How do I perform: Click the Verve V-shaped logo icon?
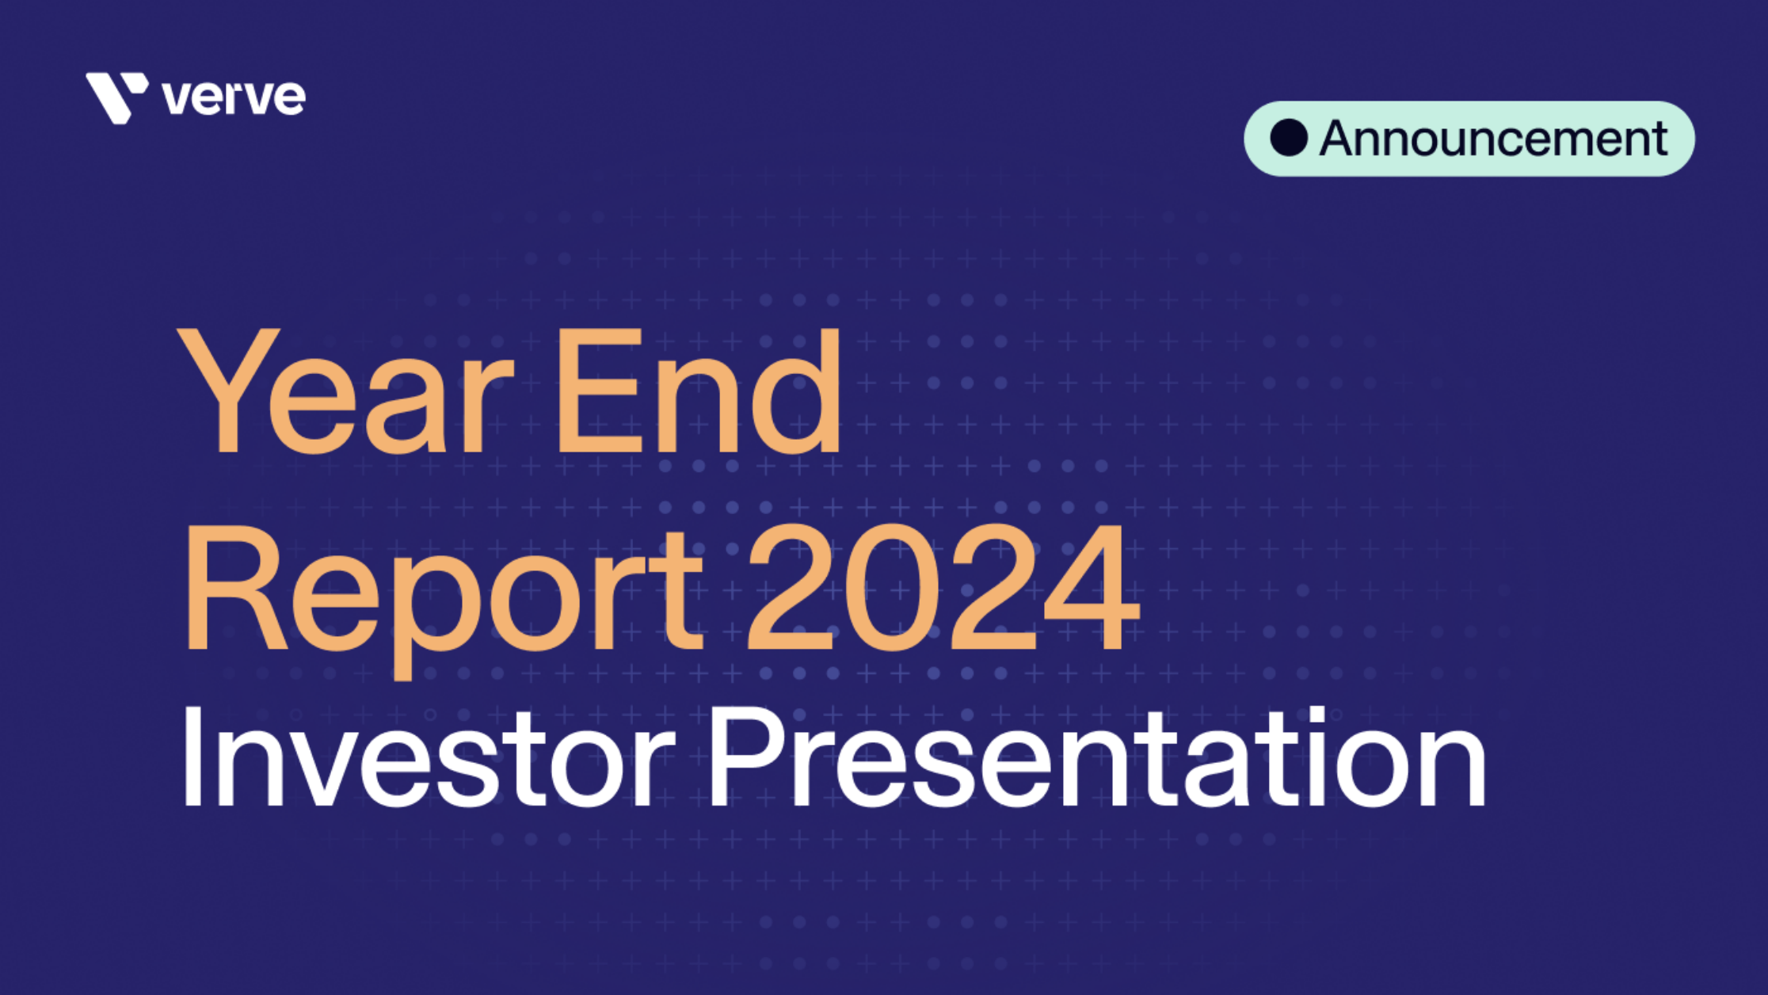coord(116,97)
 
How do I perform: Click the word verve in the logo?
coord(234,98)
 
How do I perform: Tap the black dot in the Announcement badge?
coord(1289,138)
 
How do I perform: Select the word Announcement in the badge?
coord(1493,139)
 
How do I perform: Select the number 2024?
coord(943,590)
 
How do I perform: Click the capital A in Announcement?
coord(1343,139)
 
